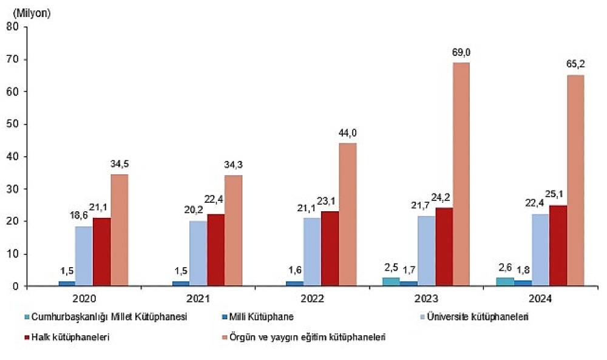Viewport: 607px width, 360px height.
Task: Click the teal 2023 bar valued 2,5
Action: [391, 282]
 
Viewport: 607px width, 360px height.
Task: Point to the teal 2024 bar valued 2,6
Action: [505, 282]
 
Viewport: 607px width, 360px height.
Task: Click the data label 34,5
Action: [120, 165]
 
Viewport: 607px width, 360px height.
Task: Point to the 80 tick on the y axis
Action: [12, 27]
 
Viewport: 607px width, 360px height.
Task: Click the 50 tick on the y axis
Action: [12, 124]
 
